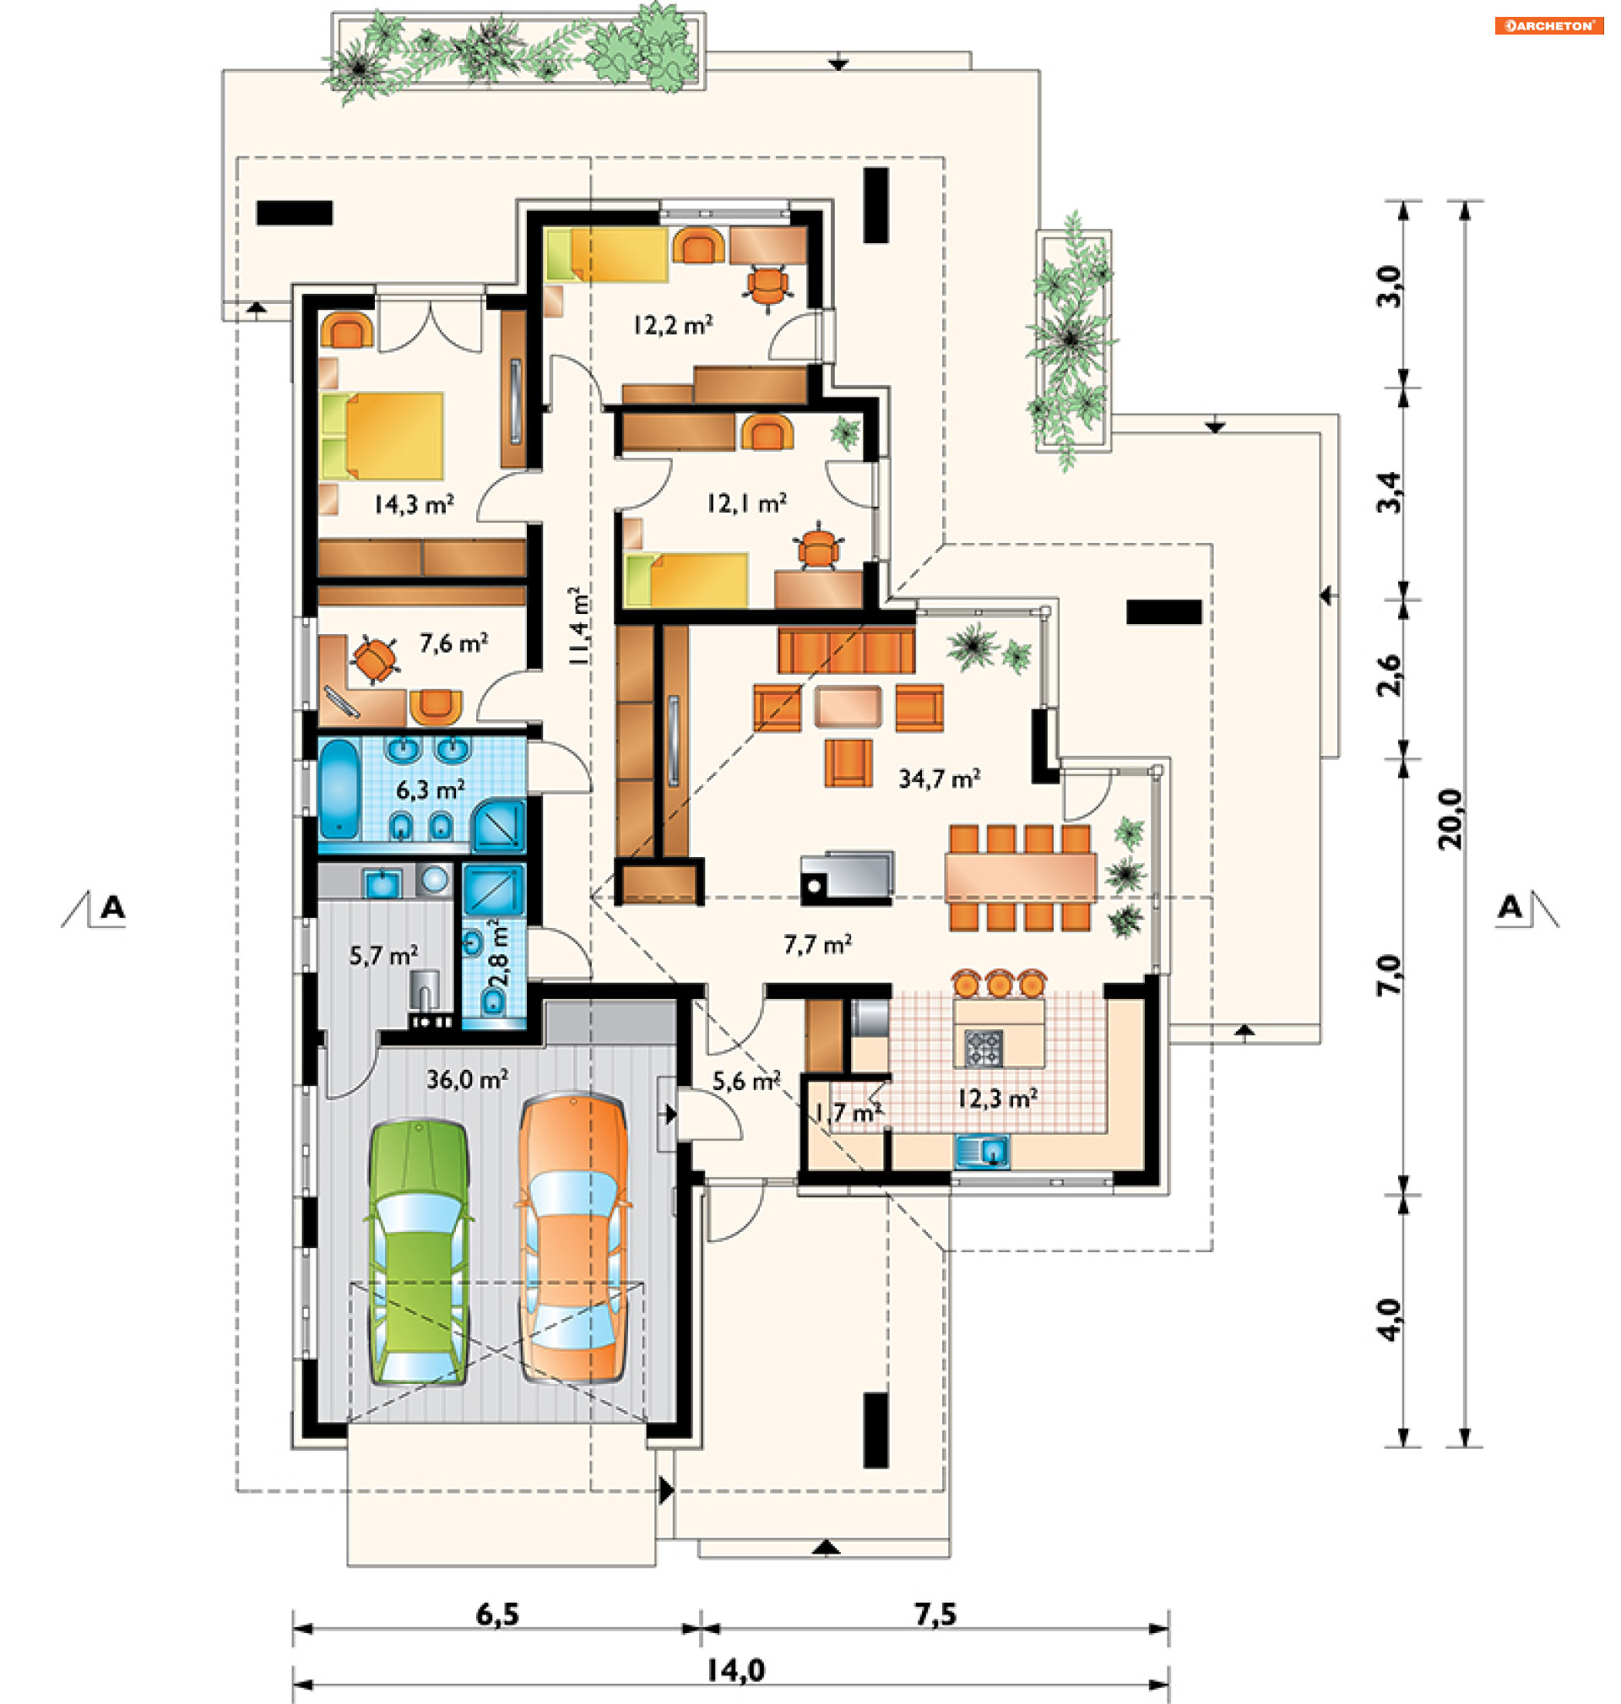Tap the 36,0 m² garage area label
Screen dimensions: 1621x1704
click(x=468, y=1079)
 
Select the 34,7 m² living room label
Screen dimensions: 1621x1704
click(x=939, y=779)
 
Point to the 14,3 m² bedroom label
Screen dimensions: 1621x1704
click(x=414, y=505)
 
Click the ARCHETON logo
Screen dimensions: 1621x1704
click(x=1549, y=26)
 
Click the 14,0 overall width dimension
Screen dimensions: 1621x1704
click(x=735, y=1670)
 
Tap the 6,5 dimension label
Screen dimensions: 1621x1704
click(x=498, y=1614)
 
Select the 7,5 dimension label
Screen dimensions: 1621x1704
click(x=935, y=1614)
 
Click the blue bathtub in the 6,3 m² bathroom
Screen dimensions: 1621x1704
click(x=339, y=789)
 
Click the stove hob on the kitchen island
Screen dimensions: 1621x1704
click(x=984, y=1047)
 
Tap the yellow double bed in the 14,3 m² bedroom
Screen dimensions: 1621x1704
click(x=382, y=436)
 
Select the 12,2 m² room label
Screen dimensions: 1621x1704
click(x=673, y=325)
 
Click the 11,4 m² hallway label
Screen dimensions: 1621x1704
click(x=580, y=626)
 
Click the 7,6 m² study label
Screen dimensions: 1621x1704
click(x=453, y=643)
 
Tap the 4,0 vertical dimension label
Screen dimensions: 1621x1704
click(x=1389, y=1320)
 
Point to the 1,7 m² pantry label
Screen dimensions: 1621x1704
click(x=848, y=1113)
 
